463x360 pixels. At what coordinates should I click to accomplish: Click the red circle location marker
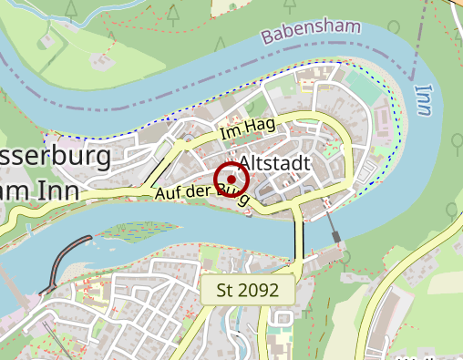231,180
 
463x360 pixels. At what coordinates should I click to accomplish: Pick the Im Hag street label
248,129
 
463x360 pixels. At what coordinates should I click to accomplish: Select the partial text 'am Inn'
41,189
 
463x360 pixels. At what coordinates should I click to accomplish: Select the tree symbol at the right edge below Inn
456,141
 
